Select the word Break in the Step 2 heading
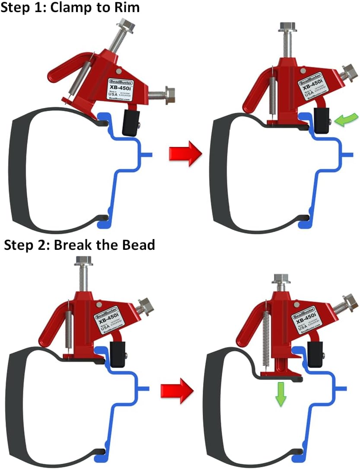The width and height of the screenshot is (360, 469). (76, 245)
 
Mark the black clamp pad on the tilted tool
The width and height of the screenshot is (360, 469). (131, 122)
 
